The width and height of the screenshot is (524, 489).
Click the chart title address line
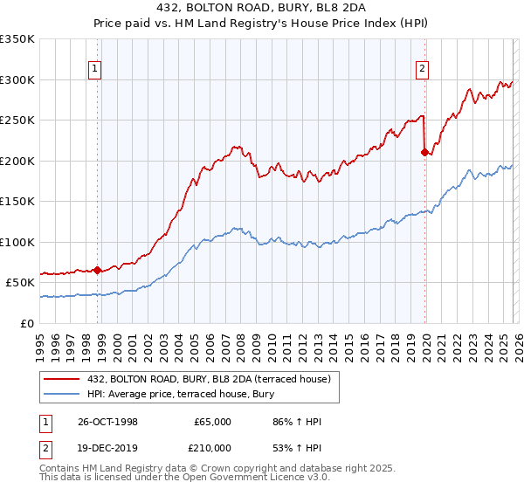261,8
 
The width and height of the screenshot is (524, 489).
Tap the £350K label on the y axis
17,39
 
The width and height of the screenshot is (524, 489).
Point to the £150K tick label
17,202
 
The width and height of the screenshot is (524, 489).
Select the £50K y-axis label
20,283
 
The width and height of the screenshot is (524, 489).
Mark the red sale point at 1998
98,270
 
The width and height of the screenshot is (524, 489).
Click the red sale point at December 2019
425,152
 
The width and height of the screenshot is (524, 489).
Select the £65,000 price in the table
212,422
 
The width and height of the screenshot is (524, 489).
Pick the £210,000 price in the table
212,448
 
